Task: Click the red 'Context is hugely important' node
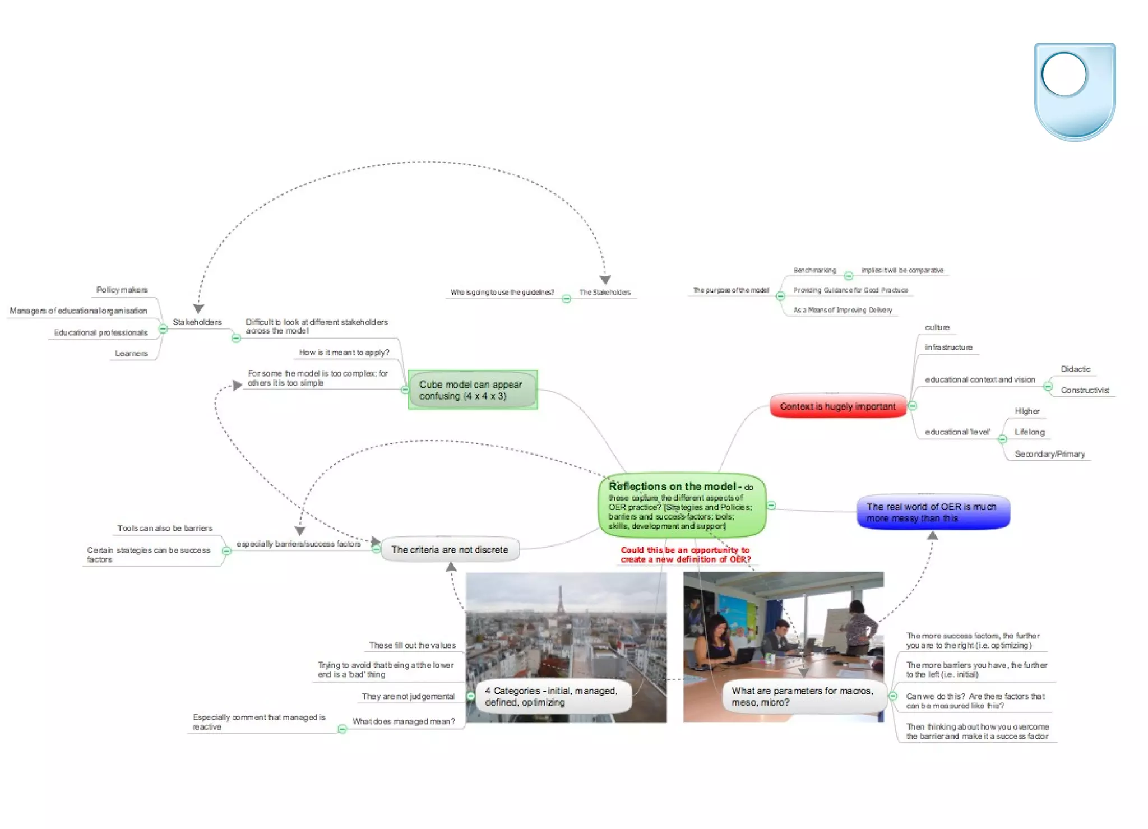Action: pos(837,406)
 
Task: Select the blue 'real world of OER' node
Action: pos(933,512)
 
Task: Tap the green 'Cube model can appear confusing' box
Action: pos(472,390)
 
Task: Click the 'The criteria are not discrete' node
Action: pos(450,550)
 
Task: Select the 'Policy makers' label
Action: pos(122,290)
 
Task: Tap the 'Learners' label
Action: pos(131,354)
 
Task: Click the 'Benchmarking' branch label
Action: pos(814,270)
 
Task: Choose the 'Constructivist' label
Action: pos(1085,390)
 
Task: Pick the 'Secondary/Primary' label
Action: pos(1049,454)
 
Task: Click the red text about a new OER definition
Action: pos(685,555)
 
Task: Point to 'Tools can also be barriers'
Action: pos(165,528)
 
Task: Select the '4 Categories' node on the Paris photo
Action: pos(551,697)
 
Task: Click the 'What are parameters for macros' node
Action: pos(802,697)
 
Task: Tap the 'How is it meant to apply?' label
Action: pos(344,353)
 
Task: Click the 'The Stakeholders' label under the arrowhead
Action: pos(604,292)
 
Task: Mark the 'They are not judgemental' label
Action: pos(408,696)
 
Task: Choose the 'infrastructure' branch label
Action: pos(948,348)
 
